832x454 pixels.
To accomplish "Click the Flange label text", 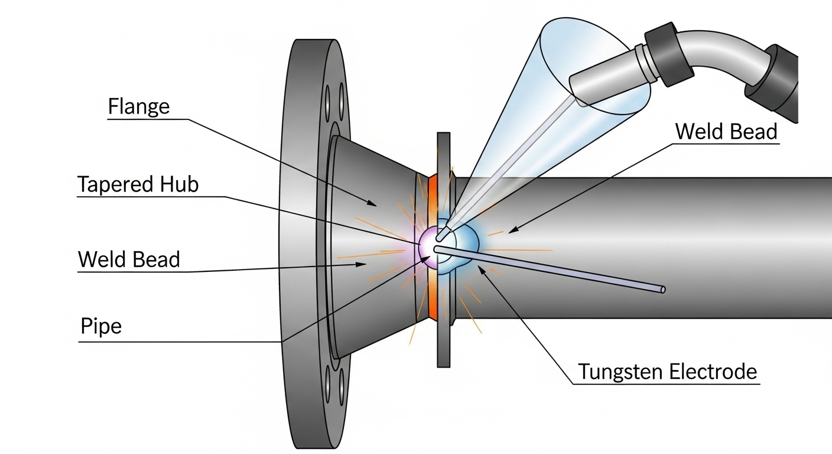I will point(139,106).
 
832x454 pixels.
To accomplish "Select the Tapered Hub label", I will point(138,184).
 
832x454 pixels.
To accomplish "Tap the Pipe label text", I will point(101,326).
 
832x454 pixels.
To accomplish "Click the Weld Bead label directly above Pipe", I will point(129,259).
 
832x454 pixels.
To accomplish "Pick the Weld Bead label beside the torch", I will point(726,131).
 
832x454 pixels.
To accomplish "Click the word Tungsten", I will point(620,372).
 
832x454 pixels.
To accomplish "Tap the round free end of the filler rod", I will point(662,290).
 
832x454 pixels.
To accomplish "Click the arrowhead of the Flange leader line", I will point(373,204).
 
